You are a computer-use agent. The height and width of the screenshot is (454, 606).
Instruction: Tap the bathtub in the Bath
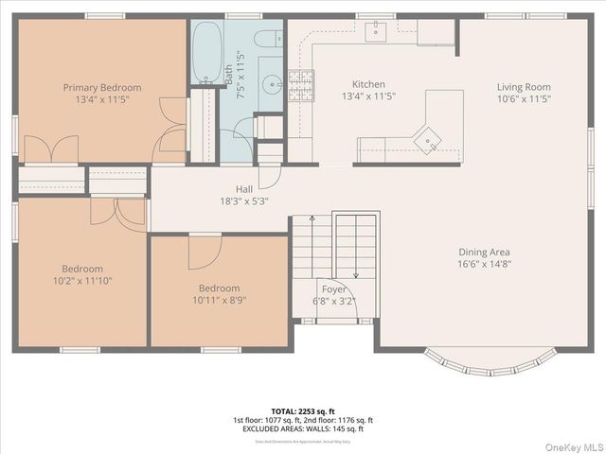(207, 54)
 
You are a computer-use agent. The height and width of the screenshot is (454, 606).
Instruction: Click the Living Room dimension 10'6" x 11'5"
(524, 98)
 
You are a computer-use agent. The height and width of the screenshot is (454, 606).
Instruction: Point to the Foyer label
(333, 290)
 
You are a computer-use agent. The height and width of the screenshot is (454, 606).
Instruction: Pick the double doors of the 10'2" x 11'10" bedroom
(117, 212)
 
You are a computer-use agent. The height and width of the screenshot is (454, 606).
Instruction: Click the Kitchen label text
(368, 83)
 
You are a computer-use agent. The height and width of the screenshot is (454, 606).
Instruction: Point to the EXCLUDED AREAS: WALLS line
(303, 428)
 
